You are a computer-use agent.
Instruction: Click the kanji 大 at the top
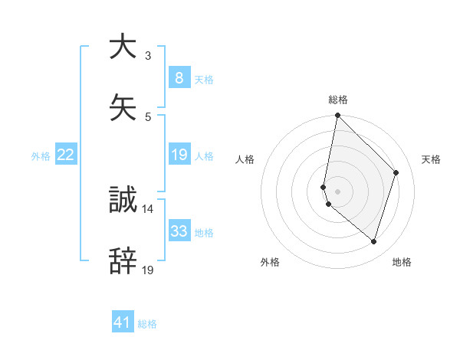pyautogui.click(x=123, y=47)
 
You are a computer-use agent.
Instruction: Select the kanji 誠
pyautogui.click(x=123, y=201)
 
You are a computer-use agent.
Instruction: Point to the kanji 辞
pyautogui.click(x=123, y=261)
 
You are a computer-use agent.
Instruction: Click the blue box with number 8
pyautogui.click(x=179, y=77)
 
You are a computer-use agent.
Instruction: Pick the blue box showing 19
pyautogui.click(x=179, y=155)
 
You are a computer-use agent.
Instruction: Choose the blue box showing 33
pyautogui.click(x=179, y=231)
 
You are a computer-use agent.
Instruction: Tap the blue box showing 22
pyautogui.click(x=65, y=155)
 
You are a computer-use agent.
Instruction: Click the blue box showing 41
pyautogui.click(x=123, y=322)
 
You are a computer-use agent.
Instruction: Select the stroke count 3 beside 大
pyautogui.click(x=148, y=56)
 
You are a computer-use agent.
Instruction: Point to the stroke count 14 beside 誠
pyautogui.click(x=147, y=208)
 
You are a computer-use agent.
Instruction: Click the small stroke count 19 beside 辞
pyautogui.click(x=148, y=270)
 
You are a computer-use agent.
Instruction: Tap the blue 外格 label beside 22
pyautogui.click(x=41, y=155)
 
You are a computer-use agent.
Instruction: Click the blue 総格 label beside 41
pyautogui.click(x=147, y=324)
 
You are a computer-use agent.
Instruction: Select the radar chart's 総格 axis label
pyautogui.click(x=338, y=100)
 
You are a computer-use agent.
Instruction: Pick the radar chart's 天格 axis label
pyautogui.click(x=431, y=159)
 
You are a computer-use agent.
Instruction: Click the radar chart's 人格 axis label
pyautogui.click(x=245, y=159)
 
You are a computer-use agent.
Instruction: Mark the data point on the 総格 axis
pyautogui.click(x=337, y=116)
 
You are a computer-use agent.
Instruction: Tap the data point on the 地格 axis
pyautogui.click(x=373, y=242)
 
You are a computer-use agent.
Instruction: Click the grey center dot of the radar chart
pyautogui.click(x=337, y=191)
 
